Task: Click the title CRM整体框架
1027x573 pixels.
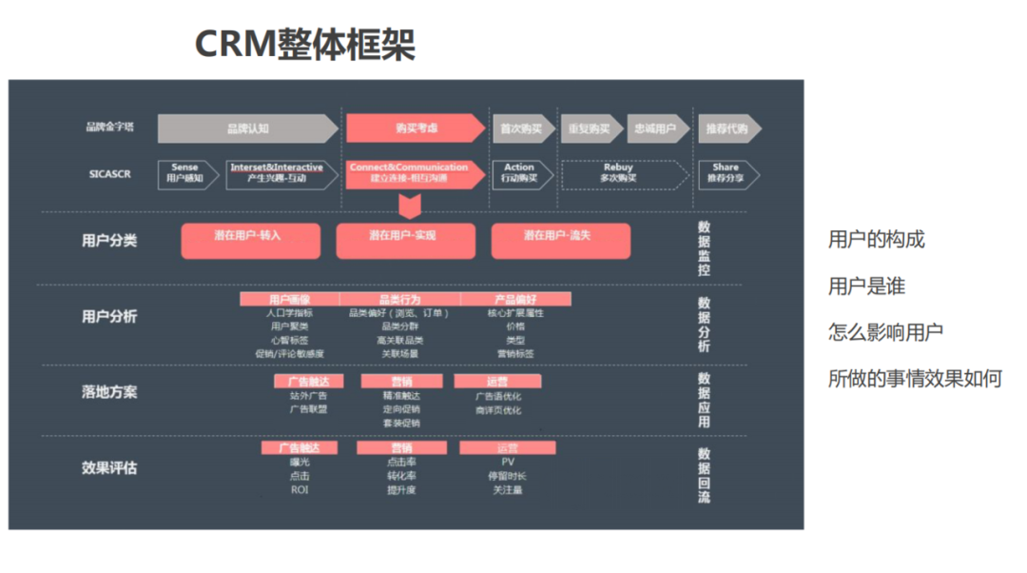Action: [x=304, y=45]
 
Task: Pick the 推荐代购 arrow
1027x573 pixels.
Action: [x=728, y=128]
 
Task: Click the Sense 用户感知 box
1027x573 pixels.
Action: [x=185, y=173]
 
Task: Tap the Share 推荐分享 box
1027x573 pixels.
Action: [x=727, y=173]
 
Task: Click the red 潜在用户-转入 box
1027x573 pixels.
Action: [x=251, y=241]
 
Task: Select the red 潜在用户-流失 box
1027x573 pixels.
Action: [x=560, y=241]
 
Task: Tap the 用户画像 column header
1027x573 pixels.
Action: [x=289, y=299]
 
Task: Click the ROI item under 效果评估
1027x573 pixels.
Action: [x=300, y=490]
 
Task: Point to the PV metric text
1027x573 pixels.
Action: [x=508, y=462]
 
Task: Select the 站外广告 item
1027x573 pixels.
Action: [x=308, y=396]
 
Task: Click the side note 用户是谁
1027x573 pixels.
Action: [x=866, y=286]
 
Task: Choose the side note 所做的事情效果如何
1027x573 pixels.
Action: [x=915, y=379]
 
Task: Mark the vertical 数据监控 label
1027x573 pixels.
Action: [x=704, y=249]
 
